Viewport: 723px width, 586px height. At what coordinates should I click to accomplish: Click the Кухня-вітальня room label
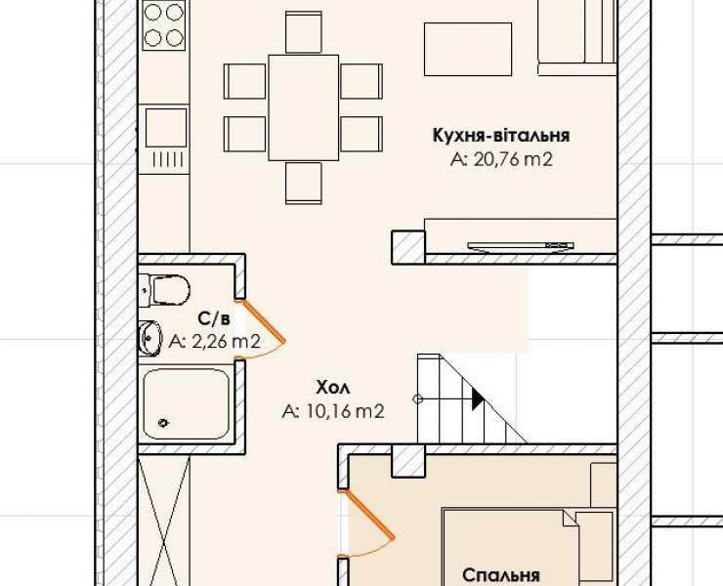click(x=501, y=136)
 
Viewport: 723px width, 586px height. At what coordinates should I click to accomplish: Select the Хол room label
click(x=333, y=388)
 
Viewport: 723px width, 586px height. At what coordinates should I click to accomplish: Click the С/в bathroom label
click(x=214, y=318)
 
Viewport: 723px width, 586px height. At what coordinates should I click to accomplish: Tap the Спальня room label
click(x=501, y=575)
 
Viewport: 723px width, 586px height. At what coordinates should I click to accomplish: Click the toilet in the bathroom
click(x=165, y=290)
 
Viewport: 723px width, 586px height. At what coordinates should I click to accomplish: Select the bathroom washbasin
click(x=149, y=338)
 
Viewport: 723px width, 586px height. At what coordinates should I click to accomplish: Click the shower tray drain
click(x=163, y=422)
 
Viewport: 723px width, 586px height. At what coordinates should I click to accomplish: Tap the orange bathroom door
click(x=263, y=321)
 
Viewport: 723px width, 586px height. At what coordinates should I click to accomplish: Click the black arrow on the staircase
click(x=478, y=398)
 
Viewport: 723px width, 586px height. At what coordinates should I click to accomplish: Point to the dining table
click(x=304, y=107)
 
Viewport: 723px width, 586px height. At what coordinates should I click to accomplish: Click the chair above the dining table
click(x=304, y=32)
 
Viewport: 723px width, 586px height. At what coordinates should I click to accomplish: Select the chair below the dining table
click(x=304, y=183)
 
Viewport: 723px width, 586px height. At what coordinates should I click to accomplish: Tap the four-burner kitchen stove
click(x=164, y=24)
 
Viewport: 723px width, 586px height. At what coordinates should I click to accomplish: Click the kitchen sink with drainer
click(x=166, y=138)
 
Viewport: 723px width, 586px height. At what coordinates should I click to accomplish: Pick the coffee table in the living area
click(x=468, y=50)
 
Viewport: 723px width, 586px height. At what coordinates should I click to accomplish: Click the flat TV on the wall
click(x=521, y=247)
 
